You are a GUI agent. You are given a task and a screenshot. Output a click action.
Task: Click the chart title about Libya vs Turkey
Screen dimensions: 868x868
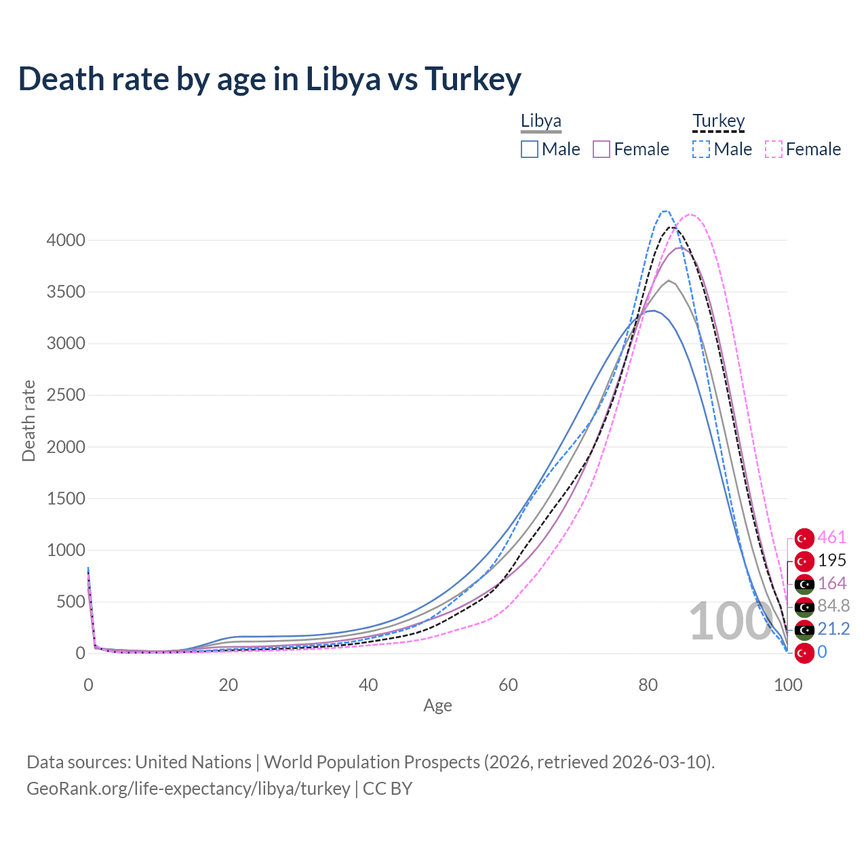(270, 79)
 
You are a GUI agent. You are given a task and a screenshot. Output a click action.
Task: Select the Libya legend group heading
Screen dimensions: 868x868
(540, 121)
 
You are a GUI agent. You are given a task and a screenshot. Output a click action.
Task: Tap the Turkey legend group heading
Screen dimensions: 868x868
(718, 121)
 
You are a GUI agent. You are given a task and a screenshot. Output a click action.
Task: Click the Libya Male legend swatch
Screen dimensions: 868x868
(530, 149)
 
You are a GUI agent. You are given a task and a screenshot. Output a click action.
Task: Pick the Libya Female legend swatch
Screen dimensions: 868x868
(601, 149)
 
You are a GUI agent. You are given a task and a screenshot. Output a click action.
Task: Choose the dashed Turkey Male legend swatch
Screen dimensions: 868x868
(701, 149)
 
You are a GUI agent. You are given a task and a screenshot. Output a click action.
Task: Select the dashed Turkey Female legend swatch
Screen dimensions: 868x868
(774, 149)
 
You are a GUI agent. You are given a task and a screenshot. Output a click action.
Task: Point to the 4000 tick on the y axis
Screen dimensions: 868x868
(66, 241)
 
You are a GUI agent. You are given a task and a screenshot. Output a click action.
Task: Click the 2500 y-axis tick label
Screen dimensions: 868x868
(66, 395)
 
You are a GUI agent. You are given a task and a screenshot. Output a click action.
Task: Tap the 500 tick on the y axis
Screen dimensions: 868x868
(71, 602)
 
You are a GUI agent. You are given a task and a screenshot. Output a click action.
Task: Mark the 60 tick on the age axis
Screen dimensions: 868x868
(508, 685)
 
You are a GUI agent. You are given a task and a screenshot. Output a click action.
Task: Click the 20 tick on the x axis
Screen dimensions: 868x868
(228, 685)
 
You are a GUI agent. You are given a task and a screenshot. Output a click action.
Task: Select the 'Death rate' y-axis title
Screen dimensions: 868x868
(28, 421)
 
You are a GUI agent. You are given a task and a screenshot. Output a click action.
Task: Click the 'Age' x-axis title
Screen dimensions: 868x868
(437, 706)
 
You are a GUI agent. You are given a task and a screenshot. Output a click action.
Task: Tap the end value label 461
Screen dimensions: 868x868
(831, 538)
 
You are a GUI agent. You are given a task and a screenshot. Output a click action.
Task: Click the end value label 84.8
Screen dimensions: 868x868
(833, 606)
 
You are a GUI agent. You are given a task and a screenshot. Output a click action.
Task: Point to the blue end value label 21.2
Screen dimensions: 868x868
(833, 629)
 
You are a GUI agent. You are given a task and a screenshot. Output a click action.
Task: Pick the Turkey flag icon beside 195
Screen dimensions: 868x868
(804, 561)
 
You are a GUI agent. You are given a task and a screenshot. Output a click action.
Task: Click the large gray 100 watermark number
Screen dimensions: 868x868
(722, 621)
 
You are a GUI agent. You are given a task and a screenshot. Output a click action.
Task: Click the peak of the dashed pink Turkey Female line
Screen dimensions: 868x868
(690, 214)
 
